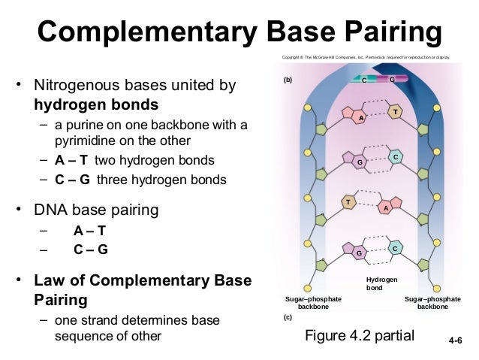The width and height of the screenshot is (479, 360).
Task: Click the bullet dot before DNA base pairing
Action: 20,210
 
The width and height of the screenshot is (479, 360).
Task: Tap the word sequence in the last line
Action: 79,336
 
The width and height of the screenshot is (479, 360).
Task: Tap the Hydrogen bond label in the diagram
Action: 381,283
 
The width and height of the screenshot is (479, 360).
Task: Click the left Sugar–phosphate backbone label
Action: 313,303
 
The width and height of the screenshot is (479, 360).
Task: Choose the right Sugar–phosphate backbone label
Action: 432,303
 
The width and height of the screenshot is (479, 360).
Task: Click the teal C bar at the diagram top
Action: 364,79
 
